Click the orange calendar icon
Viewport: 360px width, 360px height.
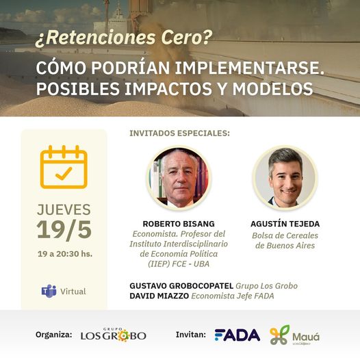click(x=64, y=167)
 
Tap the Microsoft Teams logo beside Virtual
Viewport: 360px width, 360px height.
click(x=49, y=291)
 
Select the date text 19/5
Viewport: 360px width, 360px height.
click(x=64, y=230)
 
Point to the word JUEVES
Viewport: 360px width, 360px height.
click(x=64, y=209)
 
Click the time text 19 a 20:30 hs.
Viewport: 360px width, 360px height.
click(x=65, y=254)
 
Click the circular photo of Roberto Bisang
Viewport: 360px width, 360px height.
click(x=179, y=178)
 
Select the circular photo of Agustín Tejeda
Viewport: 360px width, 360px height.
click(x=285, y=178)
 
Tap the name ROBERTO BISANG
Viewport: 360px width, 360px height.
click(x=179, y=224)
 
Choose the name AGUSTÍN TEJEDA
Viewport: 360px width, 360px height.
click(x=285, y=224)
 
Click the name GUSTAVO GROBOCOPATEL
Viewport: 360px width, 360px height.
click(x=181, y=286)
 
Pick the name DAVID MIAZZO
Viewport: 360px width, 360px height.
click(x=159, y=296)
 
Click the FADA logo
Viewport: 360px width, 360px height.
click(x=237, y=335)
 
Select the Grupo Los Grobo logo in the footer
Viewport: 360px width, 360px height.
click(x=114, y=335)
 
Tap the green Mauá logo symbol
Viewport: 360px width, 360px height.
click(x=279, y=335)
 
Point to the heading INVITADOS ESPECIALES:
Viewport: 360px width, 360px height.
click(x=179, y=133)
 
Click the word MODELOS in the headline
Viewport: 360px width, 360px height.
click(x=273, y=88)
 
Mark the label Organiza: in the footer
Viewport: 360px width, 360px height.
click(x=53, y=335)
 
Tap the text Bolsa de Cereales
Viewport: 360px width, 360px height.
click(x=285, y=235)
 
